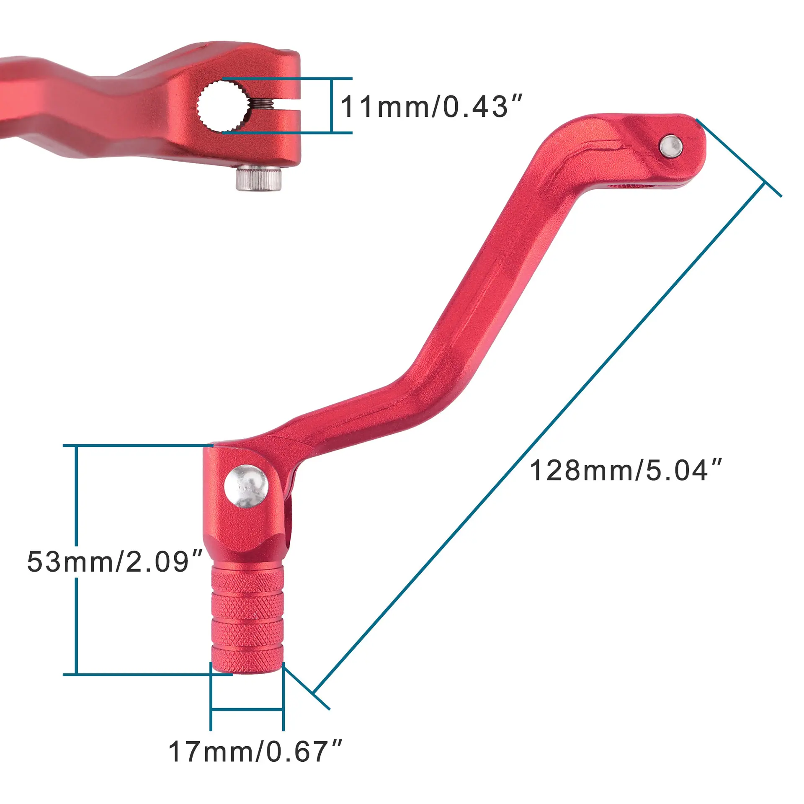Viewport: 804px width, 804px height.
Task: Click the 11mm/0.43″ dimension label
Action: [432, 106]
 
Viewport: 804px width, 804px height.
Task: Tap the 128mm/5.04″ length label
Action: [626, 470]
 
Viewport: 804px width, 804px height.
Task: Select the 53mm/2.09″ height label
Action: [115, 562]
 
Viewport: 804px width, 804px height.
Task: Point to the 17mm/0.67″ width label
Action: [255, 752]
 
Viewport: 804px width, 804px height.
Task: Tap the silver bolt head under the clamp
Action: [258, 178]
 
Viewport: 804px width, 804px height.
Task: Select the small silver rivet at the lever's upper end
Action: [671, 146]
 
